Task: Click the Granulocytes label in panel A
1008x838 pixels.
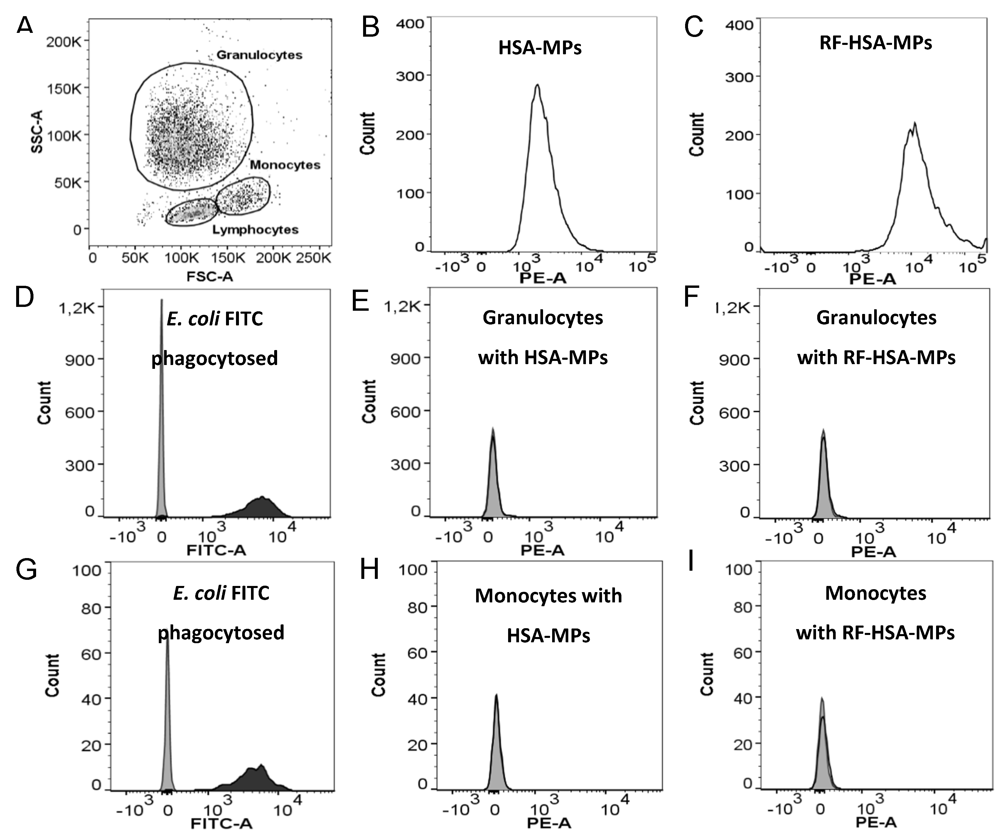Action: point(259,55)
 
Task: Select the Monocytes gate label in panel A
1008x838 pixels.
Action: point(285,165)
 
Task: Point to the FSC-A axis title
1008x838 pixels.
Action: point(210,276)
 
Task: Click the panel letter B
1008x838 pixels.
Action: point(370,28)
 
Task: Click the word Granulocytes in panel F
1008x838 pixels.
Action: point(876,317)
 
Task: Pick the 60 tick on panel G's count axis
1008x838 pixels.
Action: point(91,653)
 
